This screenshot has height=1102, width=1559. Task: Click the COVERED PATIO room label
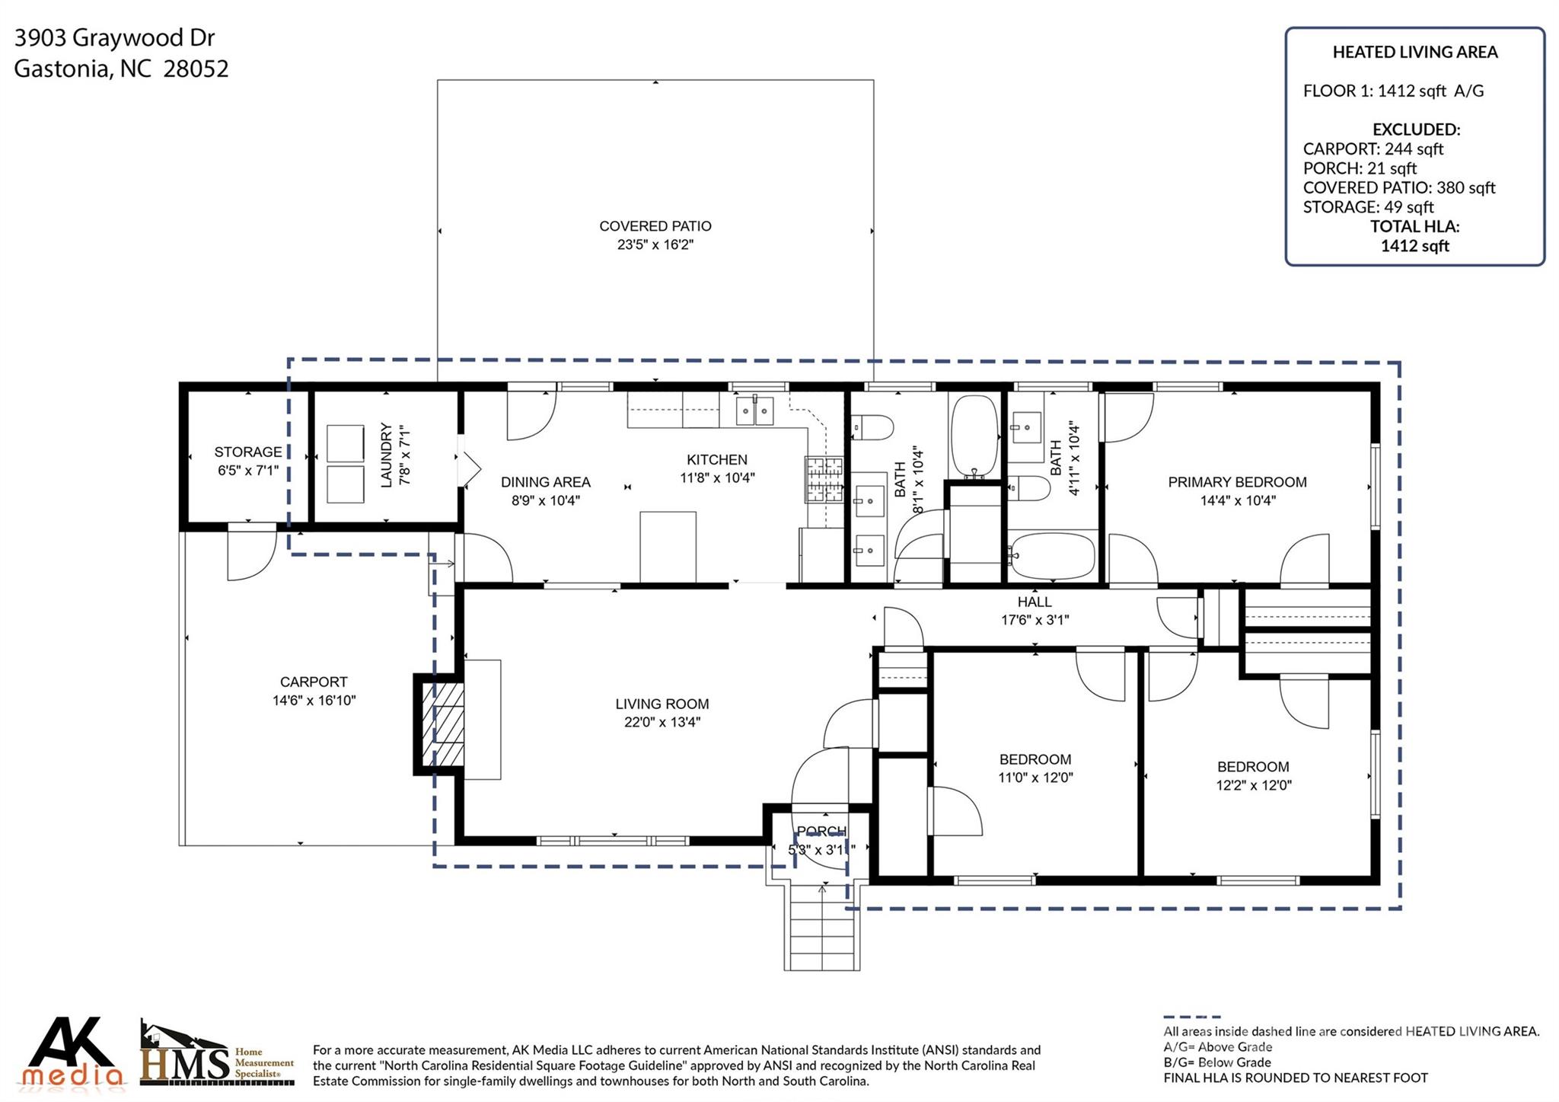click(655, 226)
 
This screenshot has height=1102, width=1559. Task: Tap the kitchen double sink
click(754, 410)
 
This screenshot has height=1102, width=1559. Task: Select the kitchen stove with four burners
click(824, 479)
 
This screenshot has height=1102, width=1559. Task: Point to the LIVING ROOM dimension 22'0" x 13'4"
click(662, 722)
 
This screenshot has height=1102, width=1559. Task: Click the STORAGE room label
click(247, 452)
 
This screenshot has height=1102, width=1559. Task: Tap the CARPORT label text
click(314, 682)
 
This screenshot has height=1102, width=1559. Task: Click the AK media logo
click(72, 1052)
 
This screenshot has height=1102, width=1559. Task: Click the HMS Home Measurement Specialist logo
click(216, 1054)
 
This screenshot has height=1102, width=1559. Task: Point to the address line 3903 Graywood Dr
click(114, 37)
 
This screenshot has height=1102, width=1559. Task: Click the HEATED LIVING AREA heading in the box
click(1414, 52)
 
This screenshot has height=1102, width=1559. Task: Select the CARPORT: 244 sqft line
click(1372, 149)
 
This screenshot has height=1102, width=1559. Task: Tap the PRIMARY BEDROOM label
click(1237, 482)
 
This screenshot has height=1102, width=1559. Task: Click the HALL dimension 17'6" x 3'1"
click(1035, 620)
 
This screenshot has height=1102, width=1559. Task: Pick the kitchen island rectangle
click(668, 547)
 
